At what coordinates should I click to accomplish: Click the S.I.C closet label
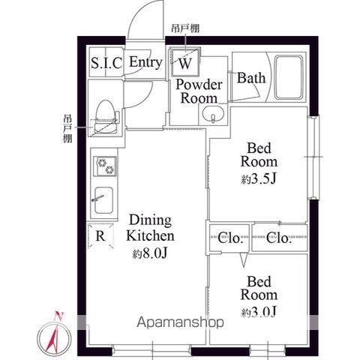[x=106, y=63]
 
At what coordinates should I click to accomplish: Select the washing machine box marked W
[x=185, y=63]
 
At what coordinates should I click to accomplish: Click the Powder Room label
[x=196, y=91]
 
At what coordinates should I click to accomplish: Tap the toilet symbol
[x=104, y=112]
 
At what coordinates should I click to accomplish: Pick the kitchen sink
[x=103, y=200]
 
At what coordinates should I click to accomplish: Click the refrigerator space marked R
[x=100, y=237]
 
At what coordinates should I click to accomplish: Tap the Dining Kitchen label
[x=152, y=228]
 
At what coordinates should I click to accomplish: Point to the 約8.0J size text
[x=154, y=255]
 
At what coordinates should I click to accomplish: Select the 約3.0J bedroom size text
[x=259, y=311]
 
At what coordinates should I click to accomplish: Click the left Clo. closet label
[x=231, y=239]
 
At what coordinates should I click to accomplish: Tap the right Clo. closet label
[x=280, y=239]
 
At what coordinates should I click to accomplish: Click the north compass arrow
[x=53, y=331]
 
